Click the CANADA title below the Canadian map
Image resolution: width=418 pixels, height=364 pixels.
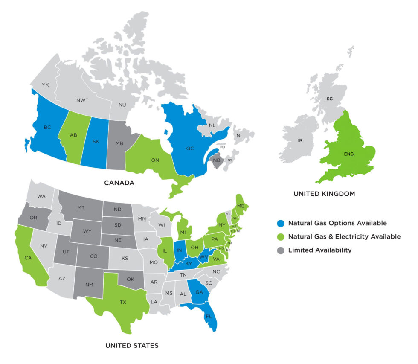pyautogui.click(x=119, y=183)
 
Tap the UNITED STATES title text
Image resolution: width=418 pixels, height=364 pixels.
pyautogui.click(x=132, y=345)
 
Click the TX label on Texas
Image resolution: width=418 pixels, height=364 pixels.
pyautogui.click(x=123, y=302)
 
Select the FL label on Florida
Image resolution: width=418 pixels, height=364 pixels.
pyautogui.click(x=208, y=317)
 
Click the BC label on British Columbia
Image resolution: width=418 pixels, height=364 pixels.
pyautogui.click(x=47, y=127)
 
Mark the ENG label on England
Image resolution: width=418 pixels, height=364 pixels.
pyautogui.click(x=348, y=153)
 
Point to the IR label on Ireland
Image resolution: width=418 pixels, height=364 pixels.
pyautogui.click(x=300, y=140)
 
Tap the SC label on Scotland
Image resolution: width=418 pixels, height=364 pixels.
pyautogui.click(x=330, y=99)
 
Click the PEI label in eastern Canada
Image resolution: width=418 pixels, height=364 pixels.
pyautogui.click(x=222, y=147)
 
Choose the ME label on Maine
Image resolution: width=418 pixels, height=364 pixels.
pyautogui.click(x=241, y=206)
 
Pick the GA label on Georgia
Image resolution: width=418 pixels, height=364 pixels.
pyautogui.click(x=199, y=292)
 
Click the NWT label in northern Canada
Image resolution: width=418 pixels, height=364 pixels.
pyautogui.click(x=83, y=101)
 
